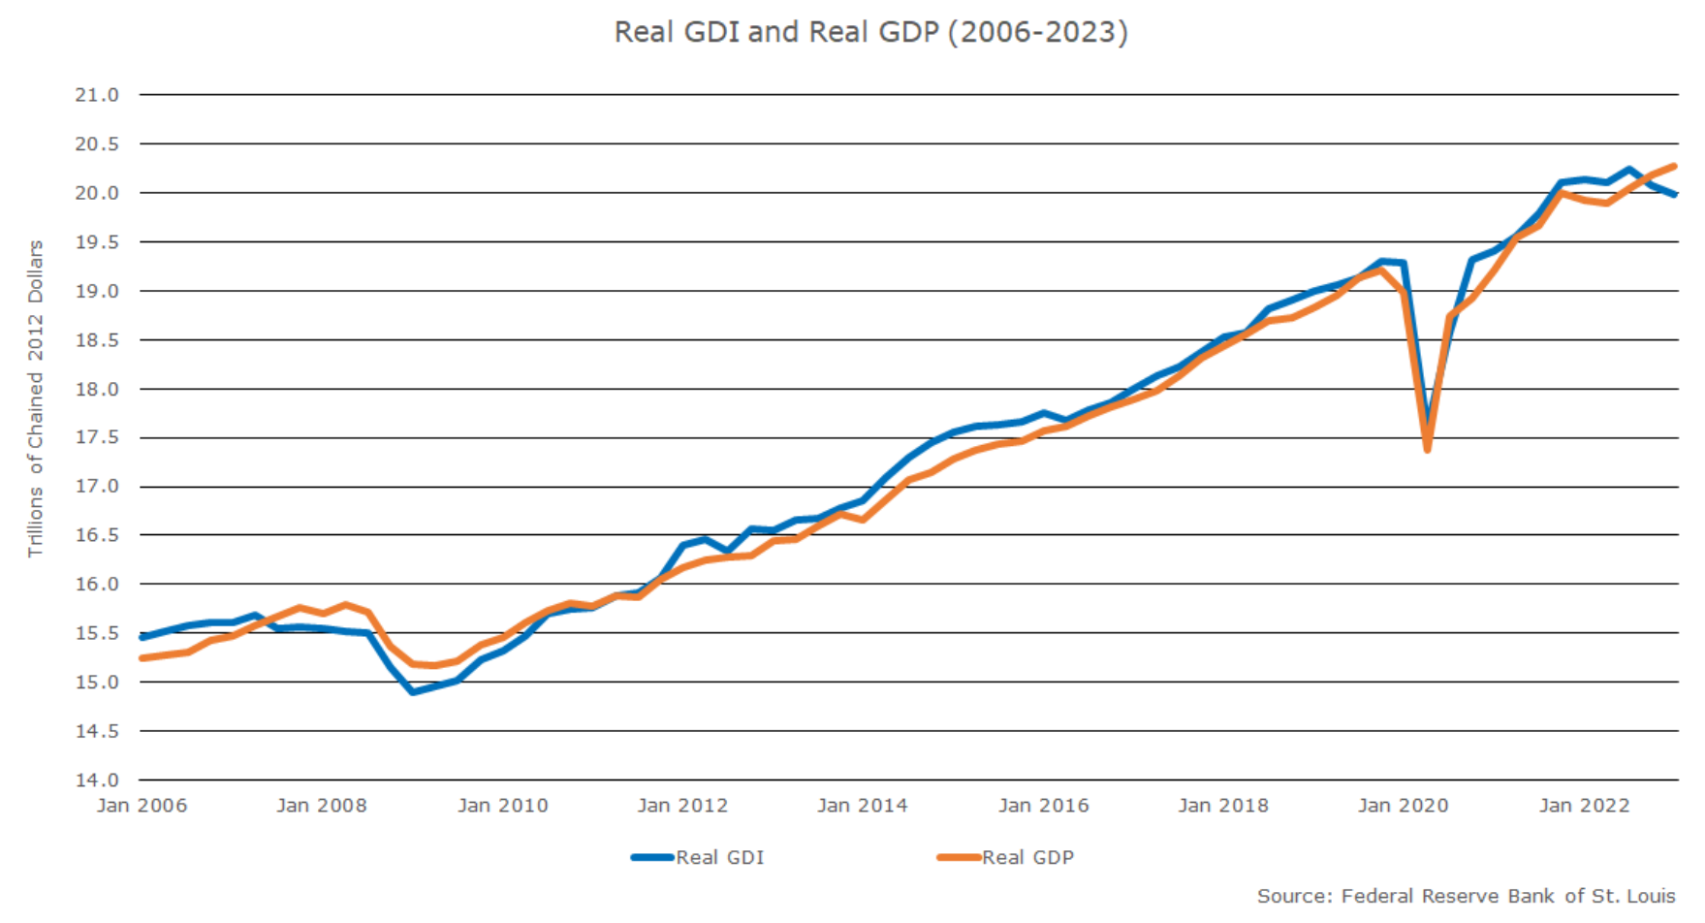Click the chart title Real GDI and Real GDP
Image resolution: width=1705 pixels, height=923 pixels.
coord(870,32)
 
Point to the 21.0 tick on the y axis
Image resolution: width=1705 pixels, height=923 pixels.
coord(97,95)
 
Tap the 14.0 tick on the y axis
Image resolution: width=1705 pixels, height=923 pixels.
coord(97,780)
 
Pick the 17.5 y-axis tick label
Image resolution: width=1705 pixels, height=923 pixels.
coord(97,437)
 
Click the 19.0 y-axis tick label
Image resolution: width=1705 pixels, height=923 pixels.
coord(97,291)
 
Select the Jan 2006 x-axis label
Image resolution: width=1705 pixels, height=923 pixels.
coord(142,806)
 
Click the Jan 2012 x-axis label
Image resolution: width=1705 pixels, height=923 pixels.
coord(682,806)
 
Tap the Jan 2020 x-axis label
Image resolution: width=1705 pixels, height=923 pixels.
coord(1403,806)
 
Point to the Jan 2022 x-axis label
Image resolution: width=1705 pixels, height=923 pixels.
coord(1584,806)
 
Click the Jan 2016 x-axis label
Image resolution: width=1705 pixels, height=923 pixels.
coord(1043,806)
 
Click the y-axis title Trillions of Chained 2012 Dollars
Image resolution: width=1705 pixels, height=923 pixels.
coord(36,398)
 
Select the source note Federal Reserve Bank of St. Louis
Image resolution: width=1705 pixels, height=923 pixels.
coord(1466,896)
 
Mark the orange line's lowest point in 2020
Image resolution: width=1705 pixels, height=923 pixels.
coord(1427,449)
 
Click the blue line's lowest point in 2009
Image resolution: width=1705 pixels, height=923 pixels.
coord(413,692)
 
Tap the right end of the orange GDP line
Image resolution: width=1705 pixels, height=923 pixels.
coord(1674,167)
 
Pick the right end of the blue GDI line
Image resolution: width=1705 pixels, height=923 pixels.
coord(1675,194)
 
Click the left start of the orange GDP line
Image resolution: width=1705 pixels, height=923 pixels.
coord(142,658)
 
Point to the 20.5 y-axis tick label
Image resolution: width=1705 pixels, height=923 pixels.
coord(97,144)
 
